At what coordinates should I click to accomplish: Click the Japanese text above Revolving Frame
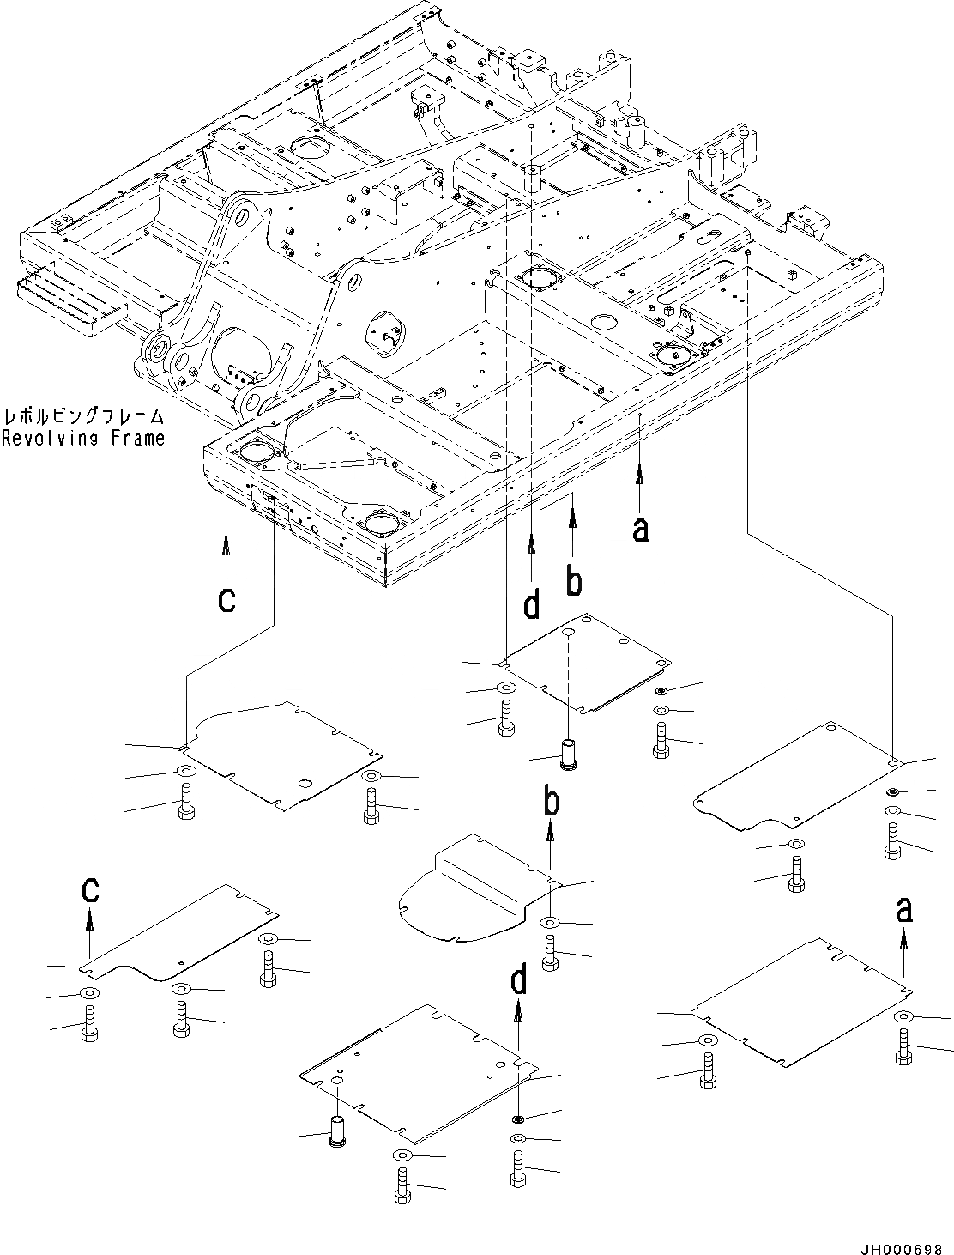pyautogui.click(x=83, y=418)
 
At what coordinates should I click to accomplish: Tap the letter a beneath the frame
pyautogui.click(x=640, y=529)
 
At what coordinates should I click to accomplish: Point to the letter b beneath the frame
pyautogui.click(x=574, y=581)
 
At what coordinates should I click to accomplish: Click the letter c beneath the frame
pyautogui.click(x=226, y=600)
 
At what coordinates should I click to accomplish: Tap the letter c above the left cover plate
pyautogui.click(x=89, y=891)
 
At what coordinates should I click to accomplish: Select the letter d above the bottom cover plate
pyautogui.click(x=519, y=981)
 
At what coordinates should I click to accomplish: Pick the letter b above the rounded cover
pyautogui.click(x=552, y=803)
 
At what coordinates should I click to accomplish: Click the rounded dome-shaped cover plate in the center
pyautogui.click(x=472, y=893)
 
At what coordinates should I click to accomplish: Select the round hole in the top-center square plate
pyautogui.click(x=569, y=632)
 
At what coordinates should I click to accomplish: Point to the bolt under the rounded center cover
pyautogui.click(x=550, y=951)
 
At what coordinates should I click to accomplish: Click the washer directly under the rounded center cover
pyautogui.click(x=550, y=923)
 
